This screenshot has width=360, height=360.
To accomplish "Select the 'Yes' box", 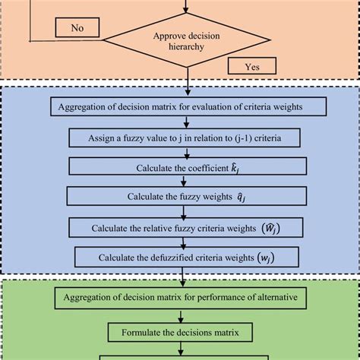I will point(250,67).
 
